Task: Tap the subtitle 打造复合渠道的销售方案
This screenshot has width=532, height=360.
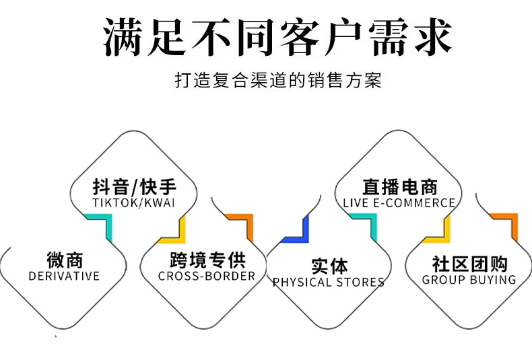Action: (277, 82)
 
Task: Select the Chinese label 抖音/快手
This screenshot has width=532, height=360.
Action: (135, 186)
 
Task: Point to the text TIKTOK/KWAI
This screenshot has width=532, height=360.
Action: (134, 203)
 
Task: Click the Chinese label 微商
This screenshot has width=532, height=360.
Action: (65, 259)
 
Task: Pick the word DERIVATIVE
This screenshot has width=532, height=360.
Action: (64, 276)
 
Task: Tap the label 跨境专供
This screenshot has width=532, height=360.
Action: (207, 259)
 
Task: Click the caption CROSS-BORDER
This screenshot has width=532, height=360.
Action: (207, 276)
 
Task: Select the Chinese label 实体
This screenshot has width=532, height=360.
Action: (329, 266)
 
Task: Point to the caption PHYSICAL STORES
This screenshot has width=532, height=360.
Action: (329, 283)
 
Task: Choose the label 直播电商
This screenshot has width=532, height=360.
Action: (399, 186)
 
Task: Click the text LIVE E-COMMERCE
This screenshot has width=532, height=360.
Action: (399, 203)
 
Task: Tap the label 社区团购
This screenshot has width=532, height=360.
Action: (469, 262)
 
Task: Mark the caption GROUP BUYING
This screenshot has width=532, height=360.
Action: (469, 279)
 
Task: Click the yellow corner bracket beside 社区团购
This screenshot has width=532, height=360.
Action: (438, 231)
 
